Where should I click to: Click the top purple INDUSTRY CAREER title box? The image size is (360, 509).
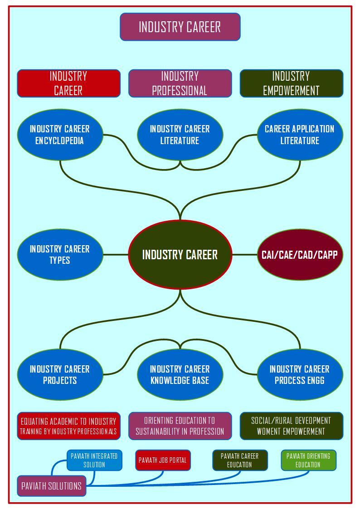click(x=180, y=27)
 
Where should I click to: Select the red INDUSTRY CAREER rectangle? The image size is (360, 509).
click(x=68, y=83)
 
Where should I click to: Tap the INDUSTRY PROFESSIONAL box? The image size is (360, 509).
click(x=180, y=83)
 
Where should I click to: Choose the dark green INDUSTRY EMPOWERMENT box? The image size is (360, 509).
click(x=292, y=83)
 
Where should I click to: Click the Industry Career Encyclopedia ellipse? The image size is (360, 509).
click(x=60, y=135)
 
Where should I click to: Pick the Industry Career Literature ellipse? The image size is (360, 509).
click(x=180, y=135)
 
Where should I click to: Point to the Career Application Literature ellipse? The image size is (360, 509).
click(x=300, y=135)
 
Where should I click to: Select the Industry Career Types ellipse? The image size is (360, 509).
click(x=60, y=255)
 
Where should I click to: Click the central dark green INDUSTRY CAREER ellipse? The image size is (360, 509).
click(x=180, y=255)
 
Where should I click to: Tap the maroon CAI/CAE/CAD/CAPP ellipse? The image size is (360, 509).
click(x=300, y=255)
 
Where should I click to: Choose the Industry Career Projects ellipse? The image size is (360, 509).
click(x=60, y=374)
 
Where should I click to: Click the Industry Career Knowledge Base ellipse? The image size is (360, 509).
click(x=180, y=374)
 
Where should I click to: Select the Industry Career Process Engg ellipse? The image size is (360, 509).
click(x=300, y=374)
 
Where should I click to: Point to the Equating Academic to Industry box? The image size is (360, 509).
click(x=68, y=426)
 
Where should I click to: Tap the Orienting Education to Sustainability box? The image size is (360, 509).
click(x=180, y=426)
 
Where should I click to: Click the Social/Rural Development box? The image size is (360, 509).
click(x=292, y=426)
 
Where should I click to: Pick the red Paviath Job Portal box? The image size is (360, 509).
click(x=163, y=460)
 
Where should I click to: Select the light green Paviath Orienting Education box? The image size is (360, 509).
click(x=308, y=460)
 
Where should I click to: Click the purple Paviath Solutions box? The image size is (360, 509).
click(x=51, y=485)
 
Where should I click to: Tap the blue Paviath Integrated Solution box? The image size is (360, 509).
click(x=94, y=460)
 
